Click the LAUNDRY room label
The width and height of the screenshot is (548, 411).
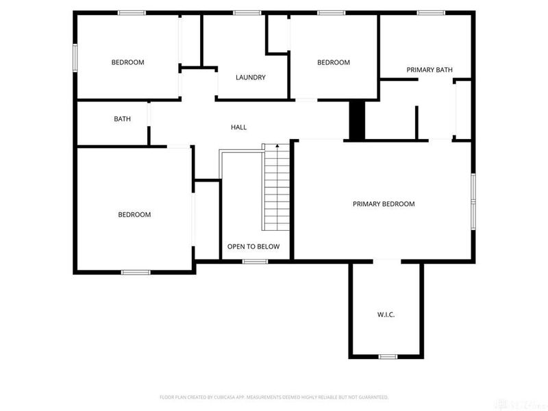click(x=250, y=77)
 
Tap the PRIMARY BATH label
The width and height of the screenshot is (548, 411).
click(x=429, y=70)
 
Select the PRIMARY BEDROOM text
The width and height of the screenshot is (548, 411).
click(x=384, y=204)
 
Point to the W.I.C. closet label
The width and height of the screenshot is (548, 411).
click(x=386, y=314)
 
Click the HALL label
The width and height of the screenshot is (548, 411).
click(x=238, y=127)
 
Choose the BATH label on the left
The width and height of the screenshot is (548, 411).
click(x=122, y=119)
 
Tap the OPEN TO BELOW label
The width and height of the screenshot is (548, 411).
click(x=253, y=247)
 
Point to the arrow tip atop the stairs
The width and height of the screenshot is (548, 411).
click(x=277, y=145)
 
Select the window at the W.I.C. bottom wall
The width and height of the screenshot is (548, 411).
click(x=388, y=356)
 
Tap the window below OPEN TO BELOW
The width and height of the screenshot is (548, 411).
click(x=256, y=261)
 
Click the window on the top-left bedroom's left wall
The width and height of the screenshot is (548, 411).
click(x=75, y=57)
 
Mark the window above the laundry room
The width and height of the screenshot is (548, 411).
click(x=246, y=12)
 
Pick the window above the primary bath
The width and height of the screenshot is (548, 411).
click(x=431, y=12)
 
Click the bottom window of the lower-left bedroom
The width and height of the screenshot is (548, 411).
click(x=136, y=273)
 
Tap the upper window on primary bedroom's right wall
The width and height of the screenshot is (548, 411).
click(x=473, y=188)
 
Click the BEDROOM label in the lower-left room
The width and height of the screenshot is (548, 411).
click(x=134, y=214)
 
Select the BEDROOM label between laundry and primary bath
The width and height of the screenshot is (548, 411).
click(x=334, y=62)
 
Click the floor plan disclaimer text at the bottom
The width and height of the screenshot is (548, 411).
click(x=274, y=397)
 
